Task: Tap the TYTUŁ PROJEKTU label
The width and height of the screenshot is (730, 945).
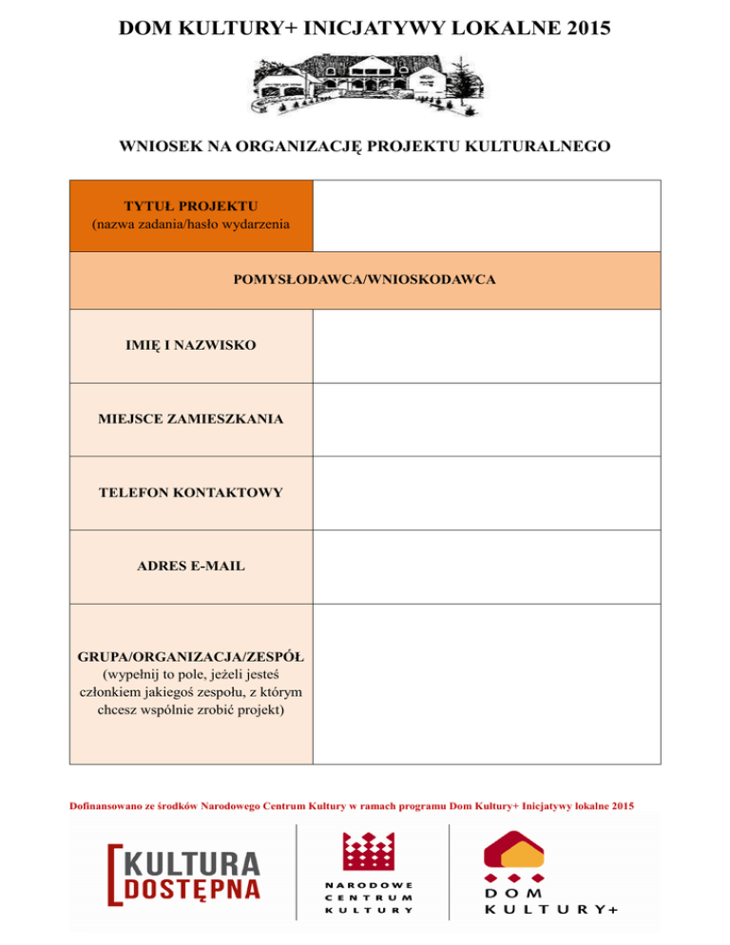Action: tap(191, 205)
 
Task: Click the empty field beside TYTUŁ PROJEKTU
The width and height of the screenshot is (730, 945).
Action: tap(485, 216)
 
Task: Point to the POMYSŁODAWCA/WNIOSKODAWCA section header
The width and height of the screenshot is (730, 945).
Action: tap(364, 280)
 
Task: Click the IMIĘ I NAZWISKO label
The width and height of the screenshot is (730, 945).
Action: tap(191, 346)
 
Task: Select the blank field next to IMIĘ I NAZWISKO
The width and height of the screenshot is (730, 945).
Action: tap(485, 346)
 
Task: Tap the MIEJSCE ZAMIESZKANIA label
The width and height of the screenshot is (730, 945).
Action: tap(191, 418)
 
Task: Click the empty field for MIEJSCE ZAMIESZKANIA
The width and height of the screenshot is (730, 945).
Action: tap(485, 419)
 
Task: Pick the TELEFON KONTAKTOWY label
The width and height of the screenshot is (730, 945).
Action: tap(191, 492)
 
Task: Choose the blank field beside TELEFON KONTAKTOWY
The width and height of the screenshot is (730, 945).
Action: tap(485, 492)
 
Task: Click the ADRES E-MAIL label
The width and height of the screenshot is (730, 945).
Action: tap(191, 566)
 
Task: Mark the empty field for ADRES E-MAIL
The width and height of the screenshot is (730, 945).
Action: tap(485, 567)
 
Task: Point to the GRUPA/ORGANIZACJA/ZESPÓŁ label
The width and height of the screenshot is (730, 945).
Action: tap(191, 657)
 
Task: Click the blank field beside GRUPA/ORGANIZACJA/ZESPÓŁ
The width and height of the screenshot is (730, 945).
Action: tap(485, 683)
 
